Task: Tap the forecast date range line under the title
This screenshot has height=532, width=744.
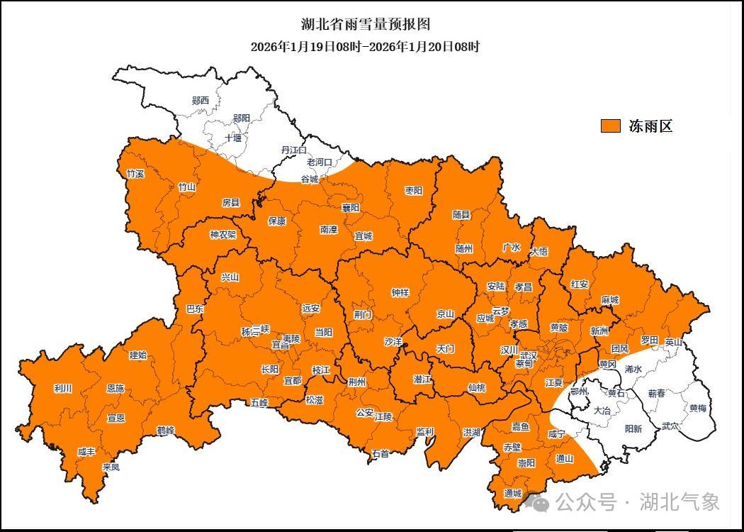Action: click(366, 47)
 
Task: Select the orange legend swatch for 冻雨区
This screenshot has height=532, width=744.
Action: click(611, 126)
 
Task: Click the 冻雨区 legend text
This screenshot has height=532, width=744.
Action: click(650, 126)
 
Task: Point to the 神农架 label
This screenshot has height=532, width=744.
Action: click(222, 235)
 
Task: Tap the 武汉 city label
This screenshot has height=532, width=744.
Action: click(529, 355)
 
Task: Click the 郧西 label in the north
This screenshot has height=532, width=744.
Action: click(201, 101)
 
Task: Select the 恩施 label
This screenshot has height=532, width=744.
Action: click(115, 389)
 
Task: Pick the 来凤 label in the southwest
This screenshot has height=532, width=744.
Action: click(111, 467)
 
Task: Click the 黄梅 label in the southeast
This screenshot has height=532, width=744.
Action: click(697, 409)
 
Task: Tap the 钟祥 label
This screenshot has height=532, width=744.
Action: click(400, 292)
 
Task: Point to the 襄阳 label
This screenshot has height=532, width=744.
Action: click(350, 208)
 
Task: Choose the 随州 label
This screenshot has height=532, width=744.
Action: click(464, 248)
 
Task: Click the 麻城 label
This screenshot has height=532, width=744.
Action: click(609, 300)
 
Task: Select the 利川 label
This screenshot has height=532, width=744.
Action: click(62, 389)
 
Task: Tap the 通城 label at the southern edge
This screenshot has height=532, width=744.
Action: click(512, 493)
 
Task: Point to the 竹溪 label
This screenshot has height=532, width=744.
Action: click(135, 174)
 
